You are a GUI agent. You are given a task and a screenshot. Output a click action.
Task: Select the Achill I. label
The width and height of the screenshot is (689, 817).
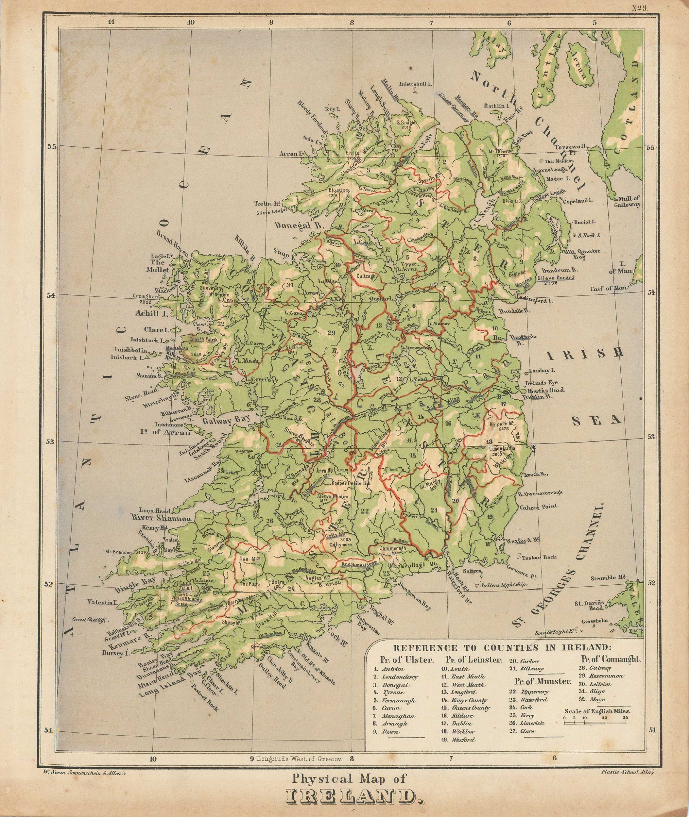pyautogui.click(x=151, y=313)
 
